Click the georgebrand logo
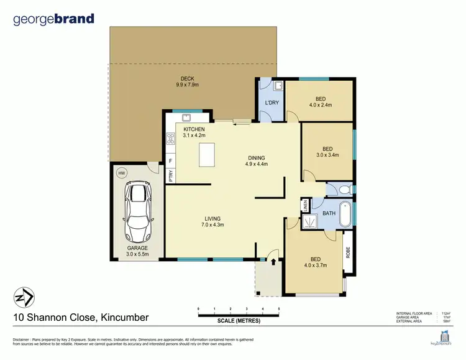pyautogui.click(x=53, y=19)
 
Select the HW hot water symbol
pyautogui.click(x=122, y=172)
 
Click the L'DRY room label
pyautogui.click(x=271, y=103)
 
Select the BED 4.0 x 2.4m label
pyautogui.click(x=321, y=102)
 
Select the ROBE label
pyautogui.click(x=348, y=253)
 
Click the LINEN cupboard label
pyautogui.click(x=305, y=205)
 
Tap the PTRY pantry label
pyautogui.click(x=170, y=175)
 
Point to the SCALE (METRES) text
pyautogui.click(x=239, y=321)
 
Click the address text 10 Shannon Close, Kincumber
pyautogui.click(x=81, y=318)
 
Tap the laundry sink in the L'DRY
pyautogui.click(x=278, y=86)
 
